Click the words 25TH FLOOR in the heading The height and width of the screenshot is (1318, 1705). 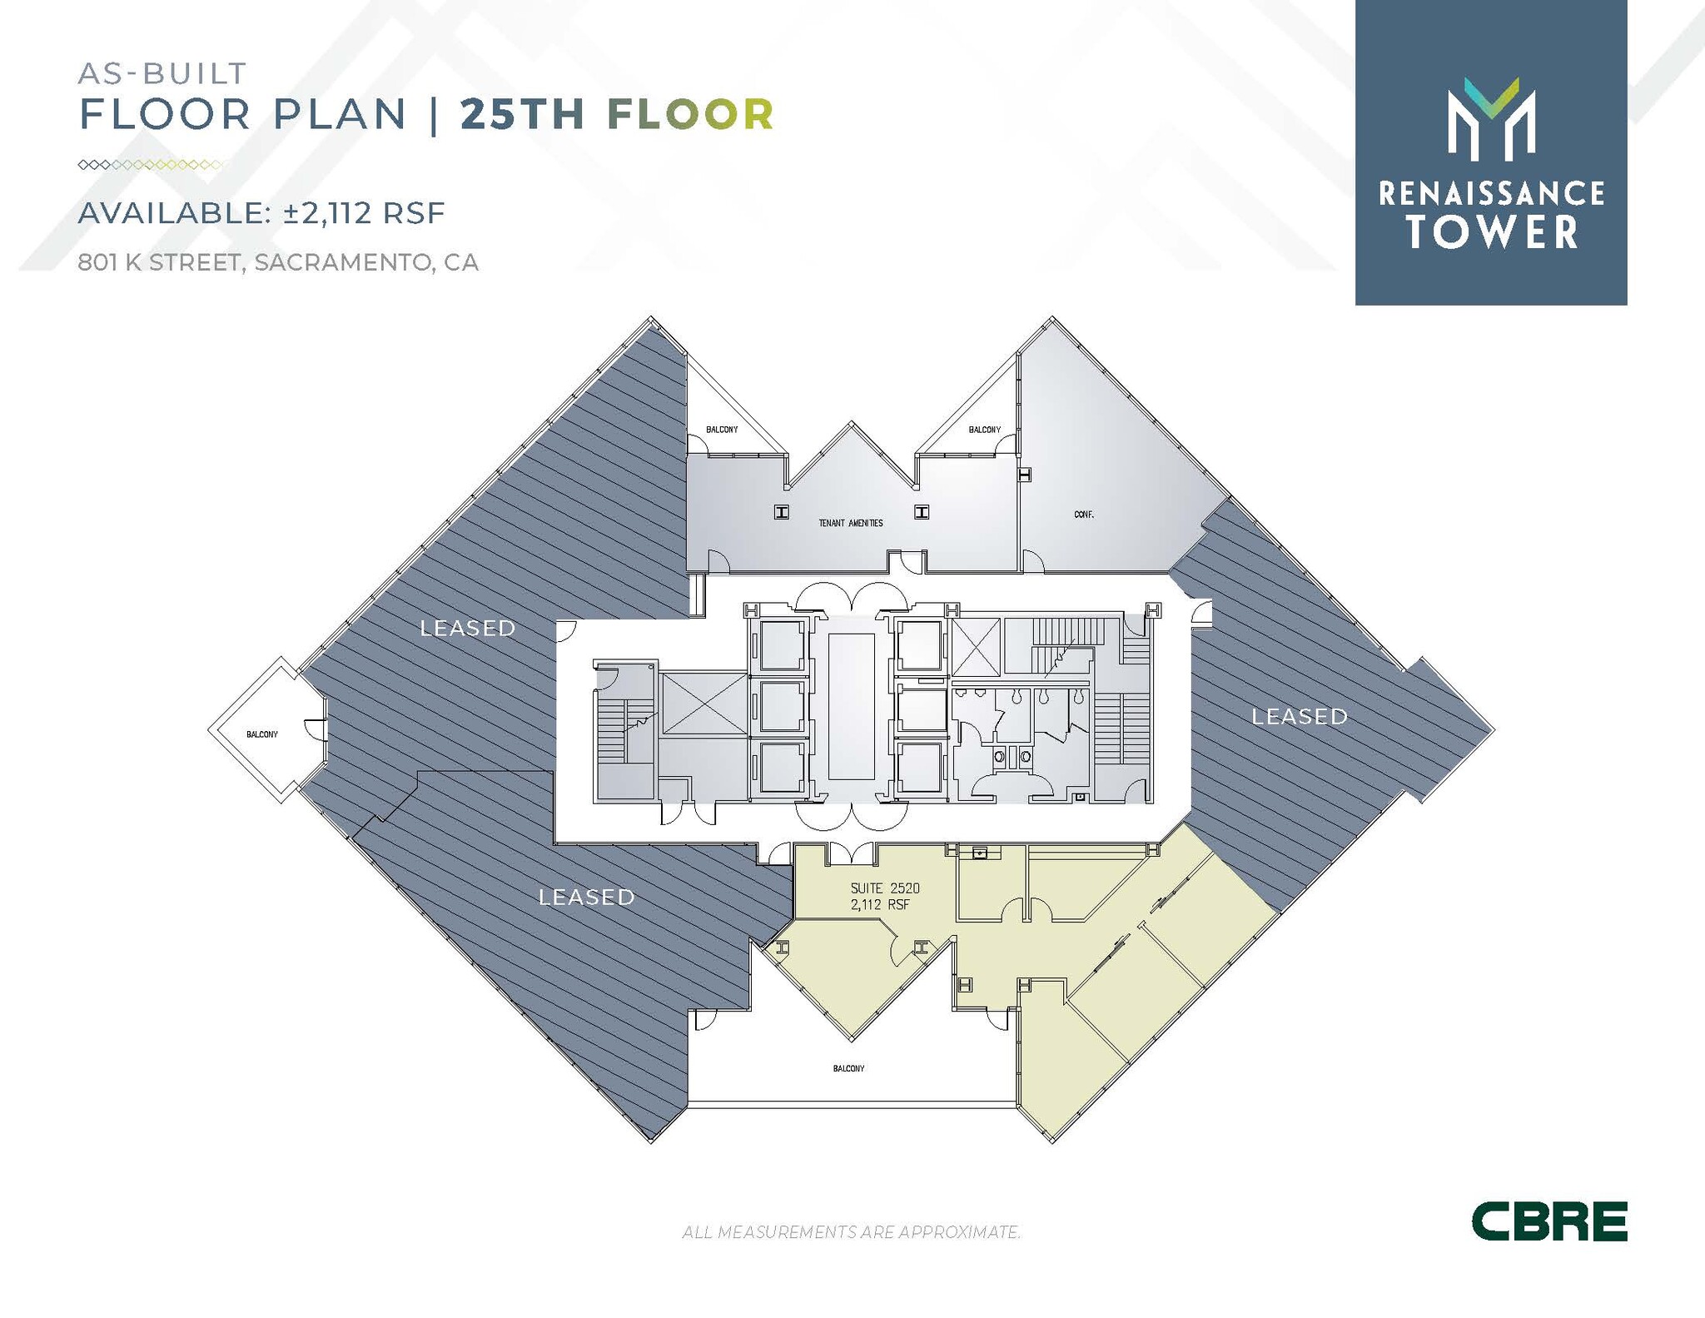coord(617,115)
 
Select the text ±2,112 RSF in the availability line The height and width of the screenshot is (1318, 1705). coord(365,213)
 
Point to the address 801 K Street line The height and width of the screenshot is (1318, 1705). coord(278,262)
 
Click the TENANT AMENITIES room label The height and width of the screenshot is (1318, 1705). coord(850,523)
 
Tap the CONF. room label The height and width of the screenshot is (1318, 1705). coord(1083,515)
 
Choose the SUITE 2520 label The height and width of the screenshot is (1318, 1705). coord(885,888)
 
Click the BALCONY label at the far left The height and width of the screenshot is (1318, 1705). coord(262,734)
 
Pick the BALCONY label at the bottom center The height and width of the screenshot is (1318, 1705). coord(848,1068)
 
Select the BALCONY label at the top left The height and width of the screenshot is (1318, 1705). coord(722,430)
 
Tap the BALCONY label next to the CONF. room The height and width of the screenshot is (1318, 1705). coord(984,430)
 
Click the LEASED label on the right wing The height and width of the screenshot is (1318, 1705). coord(1300,716)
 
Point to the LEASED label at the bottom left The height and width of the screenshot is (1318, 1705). coord(586,897)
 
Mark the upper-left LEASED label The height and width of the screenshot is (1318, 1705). coord(467,628)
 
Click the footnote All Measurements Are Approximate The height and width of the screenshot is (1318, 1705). coord(851,1232)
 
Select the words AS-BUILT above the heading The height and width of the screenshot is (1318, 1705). coord(162,73)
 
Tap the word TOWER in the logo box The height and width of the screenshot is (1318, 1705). coord(1492,232)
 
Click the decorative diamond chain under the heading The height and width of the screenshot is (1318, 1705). coord(150,165)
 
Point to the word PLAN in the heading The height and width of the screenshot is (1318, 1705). coord(340,115)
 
